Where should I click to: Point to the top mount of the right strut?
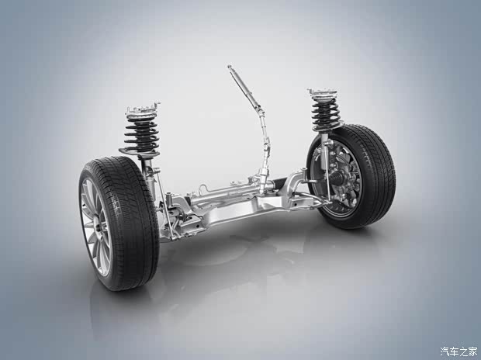323,94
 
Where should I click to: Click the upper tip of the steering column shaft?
229,67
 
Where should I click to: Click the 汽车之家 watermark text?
459,351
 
